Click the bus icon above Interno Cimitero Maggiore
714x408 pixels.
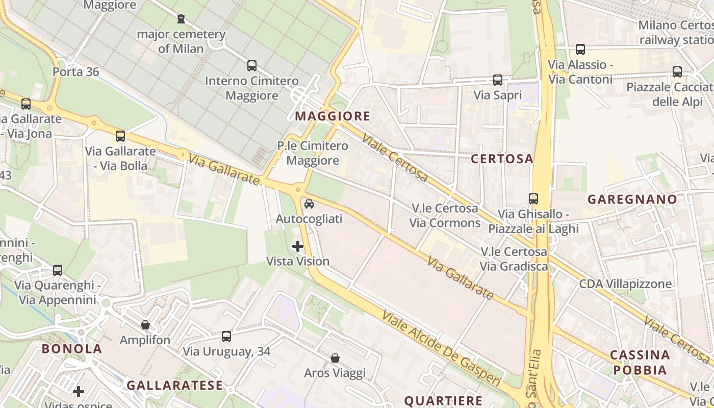[x=251, y=65]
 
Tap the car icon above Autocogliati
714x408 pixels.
[x=309, y=204]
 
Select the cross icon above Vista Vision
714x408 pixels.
[x=298, y=246]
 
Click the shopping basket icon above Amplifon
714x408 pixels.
[x=145, y=325]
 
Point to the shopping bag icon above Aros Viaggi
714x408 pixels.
[x=335, y=358]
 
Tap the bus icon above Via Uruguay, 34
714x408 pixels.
[x=226, y=337]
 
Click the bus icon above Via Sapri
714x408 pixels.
[x=497, y=80]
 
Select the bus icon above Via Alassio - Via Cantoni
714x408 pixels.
[x=580, y=49]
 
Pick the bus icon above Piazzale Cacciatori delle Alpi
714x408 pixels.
[x=677, y=72]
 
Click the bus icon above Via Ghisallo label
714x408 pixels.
[x=533, y=199]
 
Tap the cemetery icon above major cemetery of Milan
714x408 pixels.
[x=181, y=19]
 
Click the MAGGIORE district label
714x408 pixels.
[x=333, y=116]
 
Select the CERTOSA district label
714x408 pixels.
[x=502, y=159]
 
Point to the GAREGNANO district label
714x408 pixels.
[x=632, y=199]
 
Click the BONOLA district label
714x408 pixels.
[x=72, y=349]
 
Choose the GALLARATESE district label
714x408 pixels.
[x=174, y=385]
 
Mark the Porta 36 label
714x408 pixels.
[x=76, y=71]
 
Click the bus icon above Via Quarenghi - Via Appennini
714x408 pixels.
[x=58, y=270]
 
